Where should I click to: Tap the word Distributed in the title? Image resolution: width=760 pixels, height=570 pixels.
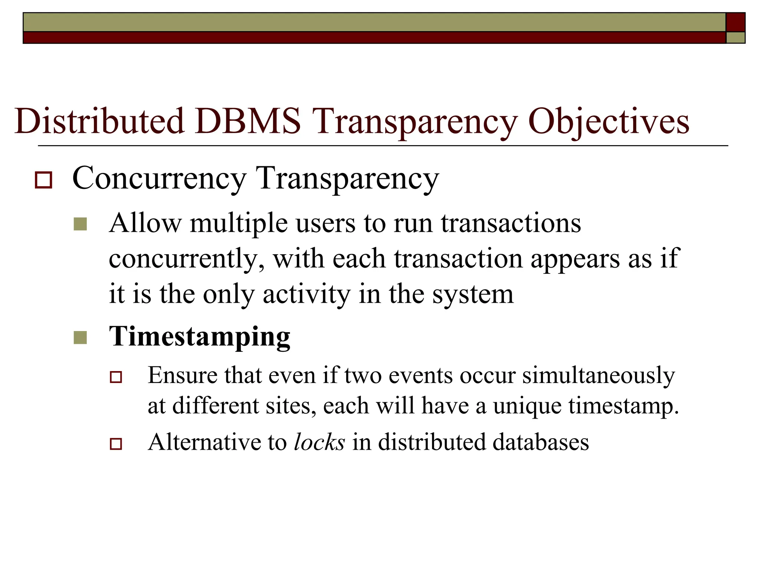coord(99,121)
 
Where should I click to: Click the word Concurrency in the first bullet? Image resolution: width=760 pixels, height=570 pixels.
coord(160,178)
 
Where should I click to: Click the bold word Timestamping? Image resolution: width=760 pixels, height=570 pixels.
coord(199,337)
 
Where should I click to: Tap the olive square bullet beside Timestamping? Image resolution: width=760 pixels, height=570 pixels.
coord(80,337)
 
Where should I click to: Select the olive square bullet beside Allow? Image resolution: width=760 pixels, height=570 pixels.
coord(80,224)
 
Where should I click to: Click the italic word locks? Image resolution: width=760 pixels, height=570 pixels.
coord(319,442)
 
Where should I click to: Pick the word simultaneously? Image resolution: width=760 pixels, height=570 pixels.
coord(598,376)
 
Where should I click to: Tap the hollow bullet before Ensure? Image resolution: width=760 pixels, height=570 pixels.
coord(116,377)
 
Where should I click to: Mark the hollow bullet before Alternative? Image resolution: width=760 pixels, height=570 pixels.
coord(116,443)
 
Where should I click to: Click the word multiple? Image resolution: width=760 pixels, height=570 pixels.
coord(239,223)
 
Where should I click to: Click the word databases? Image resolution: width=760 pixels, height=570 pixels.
coord(537,442)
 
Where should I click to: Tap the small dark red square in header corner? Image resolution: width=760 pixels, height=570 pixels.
coord(735,22)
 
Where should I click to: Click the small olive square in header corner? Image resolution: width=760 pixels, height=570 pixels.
coord(735,37)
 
